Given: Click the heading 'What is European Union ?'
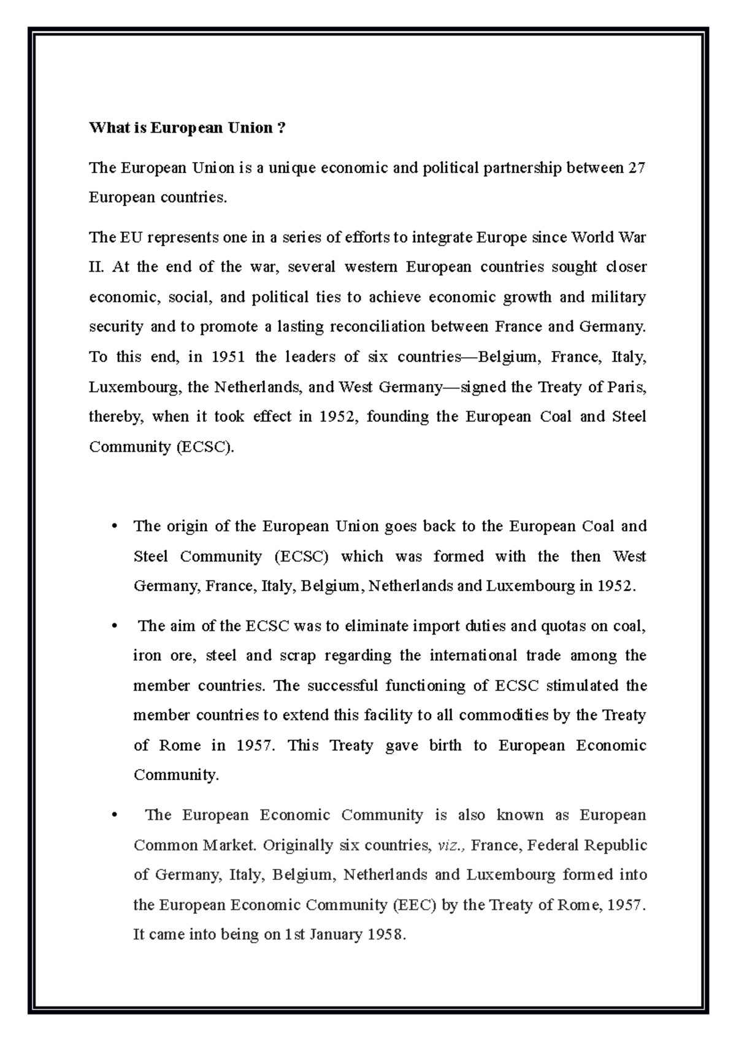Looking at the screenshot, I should pyautogui.click(x=187, y=128).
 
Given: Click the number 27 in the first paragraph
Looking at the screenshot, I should pyautogui.click(x=637, y=168).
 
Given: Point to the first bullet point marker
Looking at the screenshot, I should pyautogui.click(x=113, y=527).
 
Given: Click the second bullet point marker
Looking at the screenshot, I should pyautogui.click(x=113, y=627).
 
